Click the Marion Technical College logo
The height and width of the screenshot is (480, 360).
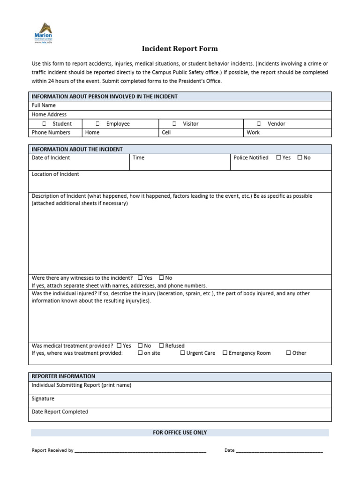pyautogui.click(x=43, y=33)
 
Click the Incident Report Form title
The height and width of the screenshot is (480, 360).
pyautogui.click(x=180, y=49)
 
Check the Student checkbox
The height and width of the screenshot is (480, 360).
pyautogui.click(x=44, y=124)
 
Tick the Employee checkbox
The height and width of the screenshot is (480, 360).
pyautogui.click(x=97, y=124)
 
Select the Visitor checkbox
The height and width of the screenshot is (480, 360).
pyautogui.click(x=174, y=124)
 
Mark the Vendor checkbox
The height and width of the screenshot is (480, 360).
pyautogui.click(x=259, y=124)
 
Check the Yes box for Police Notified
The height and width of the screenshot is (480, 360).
pyautogui.click(x=279, y=157)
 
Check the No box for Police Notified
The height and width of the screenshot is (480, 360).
pyautogui.click(x=300, y=157)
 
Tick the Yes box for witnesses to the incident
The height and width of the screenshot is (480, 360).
pyautogui.click(x=140, y=278)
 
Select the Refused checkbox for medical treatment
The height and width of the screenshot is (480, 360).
pyautogui.click(x=161, y=345)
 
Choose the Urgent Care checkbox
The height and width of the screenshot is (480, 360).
pyautogui.click(x=182, y=353)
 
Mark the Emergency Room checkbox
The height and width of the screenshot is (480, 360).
pyautogui.click(x=225, y=353)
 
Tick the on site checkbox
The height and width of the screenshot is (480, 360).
pyautogui.click(x=140, y=353)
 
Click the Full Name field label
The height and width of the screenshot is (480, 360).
pyautogui.click(x=44, y=105)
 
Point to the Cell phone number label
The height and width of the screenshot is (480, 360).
pyautogui.click(x=166, y=133)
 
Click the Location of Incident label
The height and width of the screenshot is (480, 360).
pyautogui.click(x=55, y=174)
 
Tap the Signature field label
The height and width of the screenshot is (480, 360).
pyautogui.click(x=43, y=399)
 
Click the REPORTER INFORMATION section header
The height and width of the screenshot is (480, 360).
pyautogui.click(x=63, y=376)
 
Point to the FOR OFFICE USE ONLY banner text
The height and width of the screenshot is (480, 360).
pyautogui.click(x=180, y=433)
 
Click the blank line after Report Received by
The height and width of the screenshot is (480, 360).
pyautogui.click(x=141, y=450)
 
